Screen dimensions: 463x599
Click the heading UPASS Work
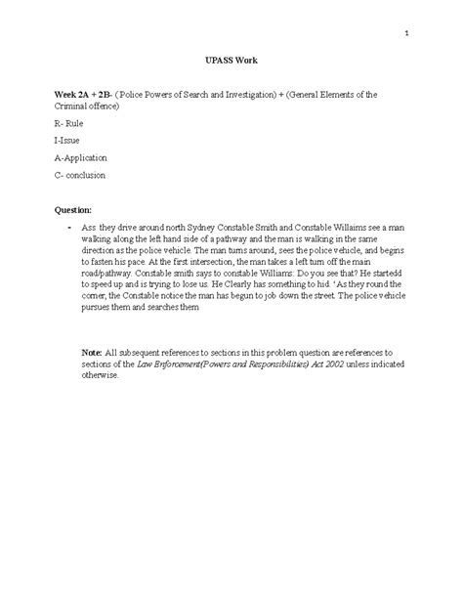click(x=231, y=62)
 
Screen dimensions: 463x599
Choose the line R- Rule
click(x=70, y=124)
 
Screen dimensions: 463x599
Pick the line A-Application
click(x=80, y=157)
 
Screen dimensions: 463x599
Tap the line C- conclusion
click(x=79, y=175)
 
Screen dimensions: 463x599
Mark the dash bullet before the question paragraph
click(x=69, y=227)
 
